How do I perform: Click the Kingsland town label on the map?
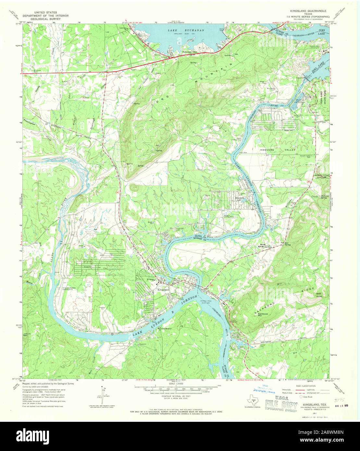click(163, 289)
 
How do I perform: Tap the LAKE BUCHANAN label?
click(181, 30)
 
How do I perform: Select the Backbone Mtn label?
click(262, 314)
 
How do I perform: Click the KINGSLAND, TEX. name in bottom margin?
click(315, 405)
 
